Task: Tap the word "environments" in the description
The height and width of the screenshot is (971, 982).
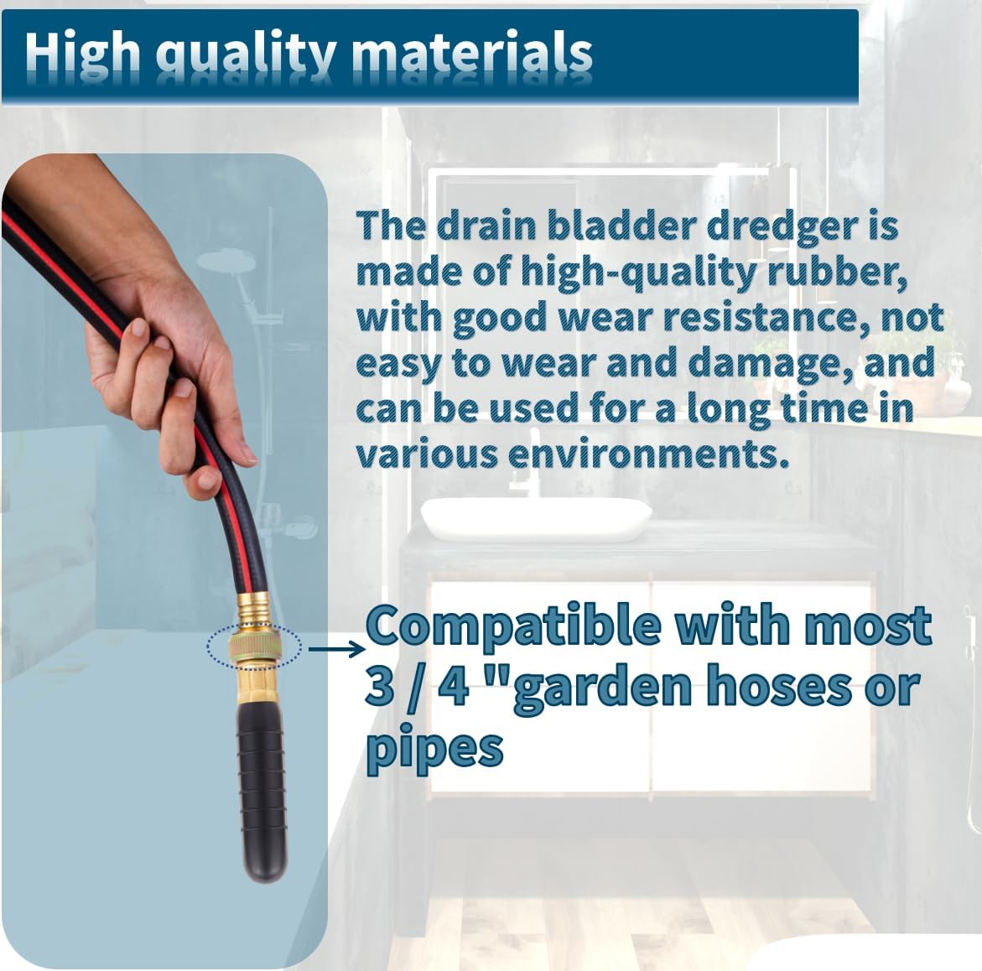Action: (647, 454)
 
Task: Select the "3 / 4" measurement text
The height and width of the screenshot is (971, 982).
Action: (417, 686)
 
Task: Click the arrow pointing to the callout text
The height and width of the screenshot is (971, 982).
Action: (336, 649)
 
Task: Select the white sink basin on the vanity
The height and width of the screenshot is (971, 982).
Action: (536, 518)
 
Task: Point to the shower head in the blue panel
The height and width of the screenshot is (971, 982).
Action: (226, 263)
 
